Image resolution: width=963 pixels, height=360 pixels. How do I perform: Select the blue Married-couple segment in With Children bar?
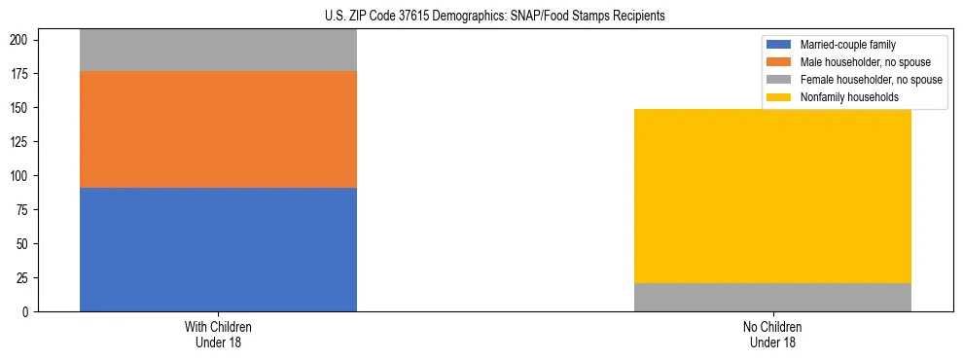pos(218,249)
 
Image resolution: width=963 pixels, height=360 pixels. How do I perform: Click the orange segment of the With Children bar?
pos(218,129)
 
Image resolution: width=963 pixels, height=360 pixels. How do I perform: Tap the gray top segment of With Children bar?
pos(218,51)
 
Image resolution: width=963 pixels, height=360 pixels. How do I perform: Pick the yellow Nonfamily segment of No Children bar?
pos(772,196)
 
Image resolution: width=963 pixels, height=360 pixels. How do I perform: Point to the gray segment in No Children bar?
pos(772,297)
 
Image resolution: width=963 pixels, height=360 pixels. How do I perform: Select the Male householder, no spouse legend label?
pos(857,62)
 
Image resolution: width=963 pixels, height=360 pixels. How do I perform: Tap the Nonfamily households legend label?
pos(848,97)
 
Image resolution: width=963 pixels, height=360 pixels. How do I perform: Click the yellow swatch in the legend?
pos(780,97)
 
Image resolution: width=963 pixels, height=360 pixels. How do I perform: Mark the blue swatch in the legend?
pos(780,45)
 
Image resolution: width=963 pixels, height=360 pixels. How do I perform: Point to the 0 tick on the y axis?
pos(27,311)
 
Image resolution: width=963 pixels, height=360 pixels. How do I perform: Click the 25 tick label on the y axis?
pos(24,277)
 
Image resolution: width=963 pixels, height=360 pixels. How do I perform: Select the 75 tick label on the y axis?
pos(24,209)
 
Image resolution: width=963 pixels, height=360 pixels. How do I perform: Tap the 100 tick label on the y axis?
pos(21,175)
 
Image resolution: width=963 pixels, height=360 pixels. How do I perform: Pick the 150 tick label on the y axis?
pos(21,107)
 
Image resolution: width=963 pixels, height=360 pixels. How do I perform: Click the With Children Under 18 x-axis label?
pos(218,334)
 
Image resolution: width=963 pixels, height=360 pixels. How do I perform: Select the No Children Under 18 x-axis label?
pos(772,334)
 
